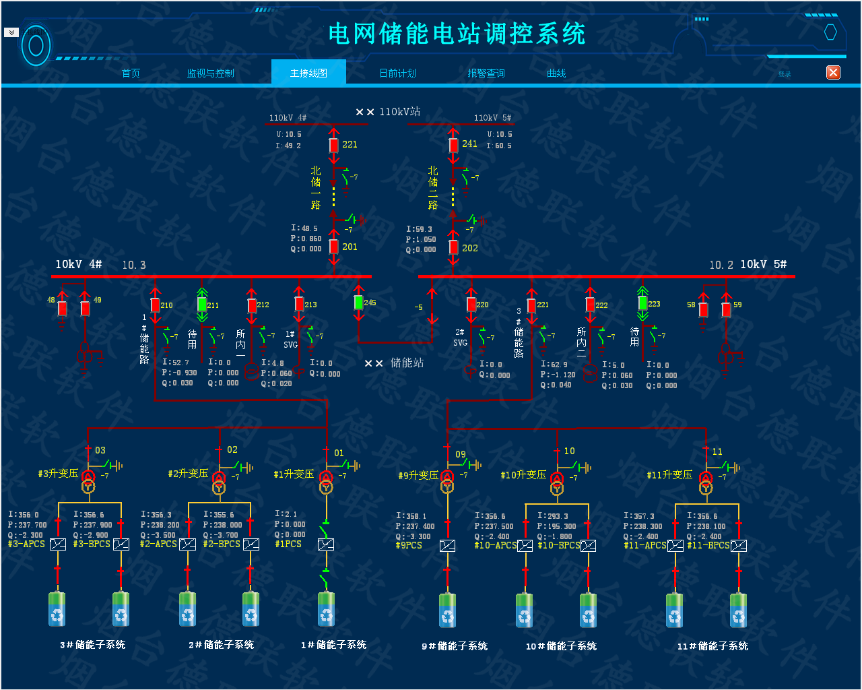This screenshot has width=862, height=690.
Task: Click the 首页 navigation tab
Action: click(131, 73)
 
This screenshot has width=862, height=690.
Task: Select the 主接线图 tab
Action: click(308, 73)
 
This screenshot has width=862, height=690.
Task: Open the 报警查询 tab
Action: click(486, 73)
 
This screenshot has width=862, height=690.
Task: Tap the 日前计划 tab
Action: click(397, 73)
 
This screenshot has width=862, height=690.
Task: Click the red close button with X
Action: click(833, 72)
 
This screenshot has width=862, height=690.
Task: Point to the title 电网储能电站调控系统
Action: click(457, 34)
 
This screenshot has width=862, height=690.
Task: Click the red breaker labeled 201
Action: click(334, 247)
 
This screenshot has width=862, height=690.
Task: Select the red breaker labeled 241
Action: click(454, 145)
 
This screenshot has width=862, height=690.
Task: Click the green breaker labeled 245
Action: click(358, 302)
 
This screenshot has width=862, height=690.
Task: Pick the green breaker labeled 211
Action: click(202, 304)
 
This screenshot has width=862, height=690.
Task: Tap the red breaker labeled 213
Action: click(299, 304)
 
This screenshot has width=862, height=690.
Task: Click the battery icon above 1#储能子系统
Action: click(326, 608)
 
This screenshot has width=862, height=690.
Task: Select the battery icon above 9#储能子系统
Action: click(448, 610)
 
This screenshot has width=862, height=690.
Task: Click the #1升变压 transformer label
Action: click(294, 474)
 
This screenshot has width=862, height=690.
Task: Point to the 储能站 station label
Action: click(407, 363)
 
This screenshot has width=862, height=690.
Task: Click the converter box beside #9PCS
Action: click(447, 545)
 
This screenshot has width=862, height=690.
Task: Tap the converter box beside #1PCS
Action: click(326, 544)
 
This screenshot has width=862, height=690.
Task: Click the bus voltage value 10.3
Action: click(133, 265)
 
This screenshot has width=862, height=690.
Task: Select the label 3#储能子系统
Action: click(92, 645)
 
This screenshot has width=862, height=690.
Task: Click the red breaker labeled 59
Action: click(726, 309)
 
